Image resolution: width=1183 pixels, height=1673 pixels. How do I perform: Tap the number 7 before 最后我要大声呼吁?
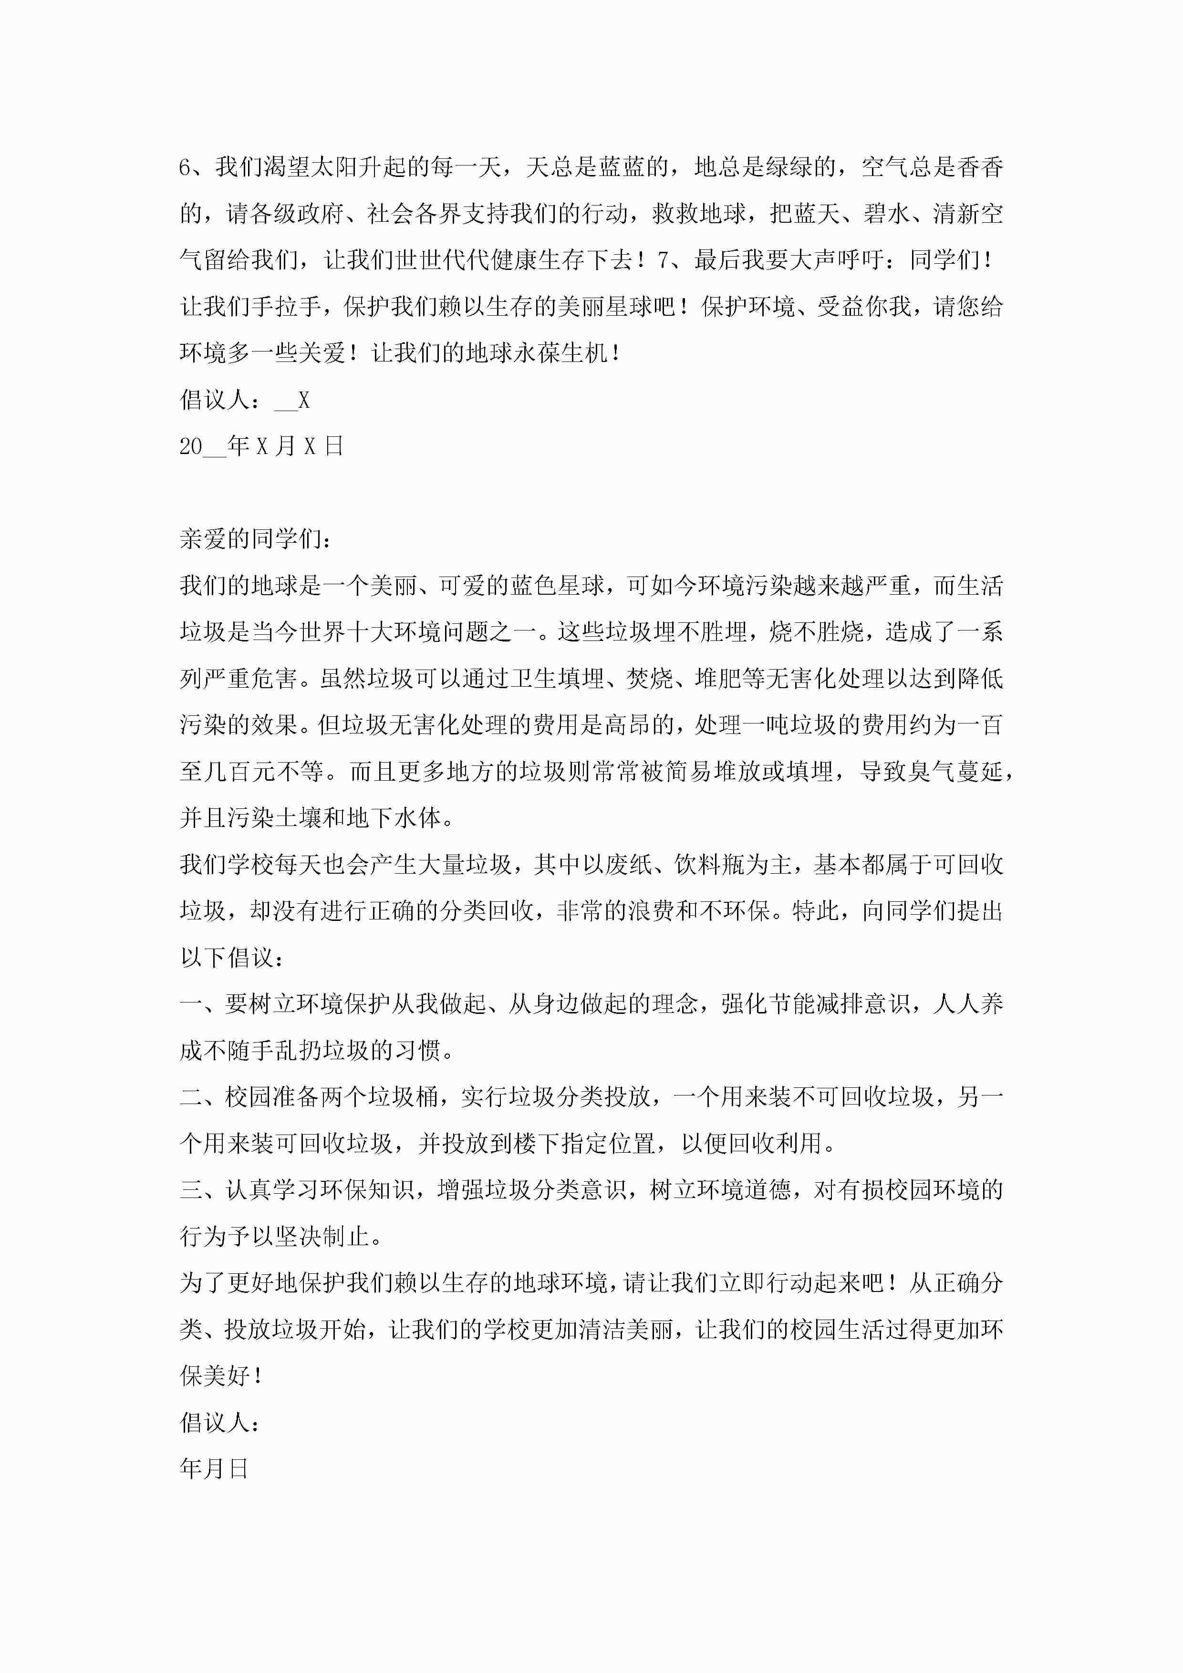point(664,260)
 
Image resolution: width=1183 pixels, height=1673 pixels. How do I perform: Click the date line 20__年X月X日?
point(261,446)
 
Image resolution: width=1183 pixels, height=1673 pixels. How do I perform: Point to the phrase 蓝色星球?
point(558,586)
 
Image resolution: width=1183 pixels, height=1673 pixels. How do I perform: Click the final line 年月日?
point(214,1469)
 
